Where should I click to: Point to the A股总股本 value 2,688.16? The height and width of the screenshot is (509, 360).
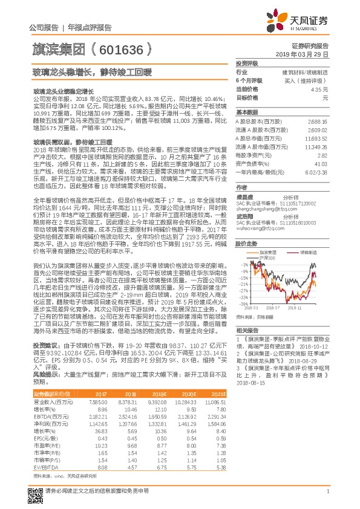pyautogui.click(x=318, y=121)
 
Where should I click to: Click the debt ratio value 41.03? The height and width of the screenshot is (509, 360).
pyautogui.click(x=321, y=163)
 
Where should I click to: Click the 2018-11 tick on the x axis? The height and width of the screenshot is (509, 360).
pyautogui.click(x=298, y=308)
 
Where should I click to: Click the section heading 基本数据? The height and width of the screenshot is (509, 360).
pyautogui.click(x=246, y=112)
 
